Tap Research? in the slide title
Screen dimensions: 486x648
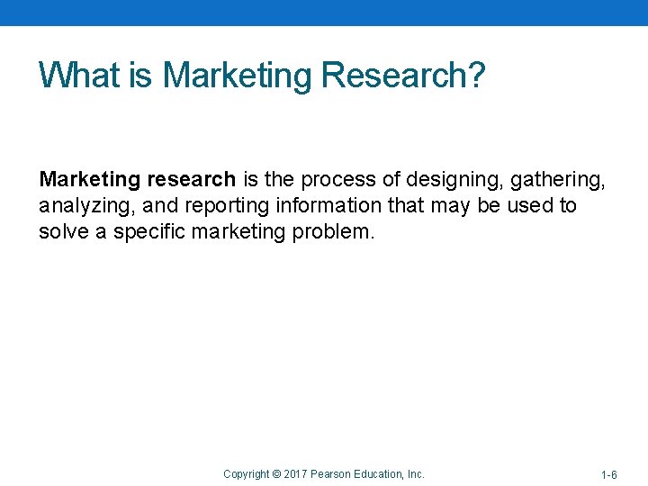(403, 75)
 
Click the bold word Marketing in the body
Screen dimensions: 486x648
(89, 180)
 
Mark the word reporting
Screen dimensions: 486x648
(219, 205)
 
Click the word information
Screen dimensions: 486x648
(322, 205)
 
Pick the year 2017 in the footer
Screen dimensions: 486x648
(297, 473)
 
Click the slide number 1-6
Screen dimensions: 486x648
(608, 474)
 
